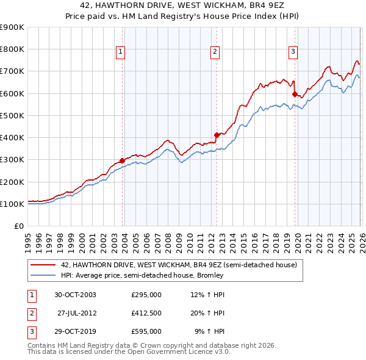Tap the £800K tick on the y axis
pos(12,49)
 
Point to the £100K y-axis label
pos(12,204)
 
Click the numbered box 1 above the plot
pos(121,52)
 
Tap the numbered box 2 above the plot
pos(215,52)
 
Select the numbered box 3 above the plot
pos(293,52)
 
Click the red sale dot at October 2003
pos(123,160)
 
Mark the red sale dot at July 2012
pos(217,135)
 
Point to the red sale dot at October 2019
pos(295,95)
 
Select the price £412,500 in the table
pos(146,313)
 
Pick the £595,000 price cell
pos(146,331)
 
